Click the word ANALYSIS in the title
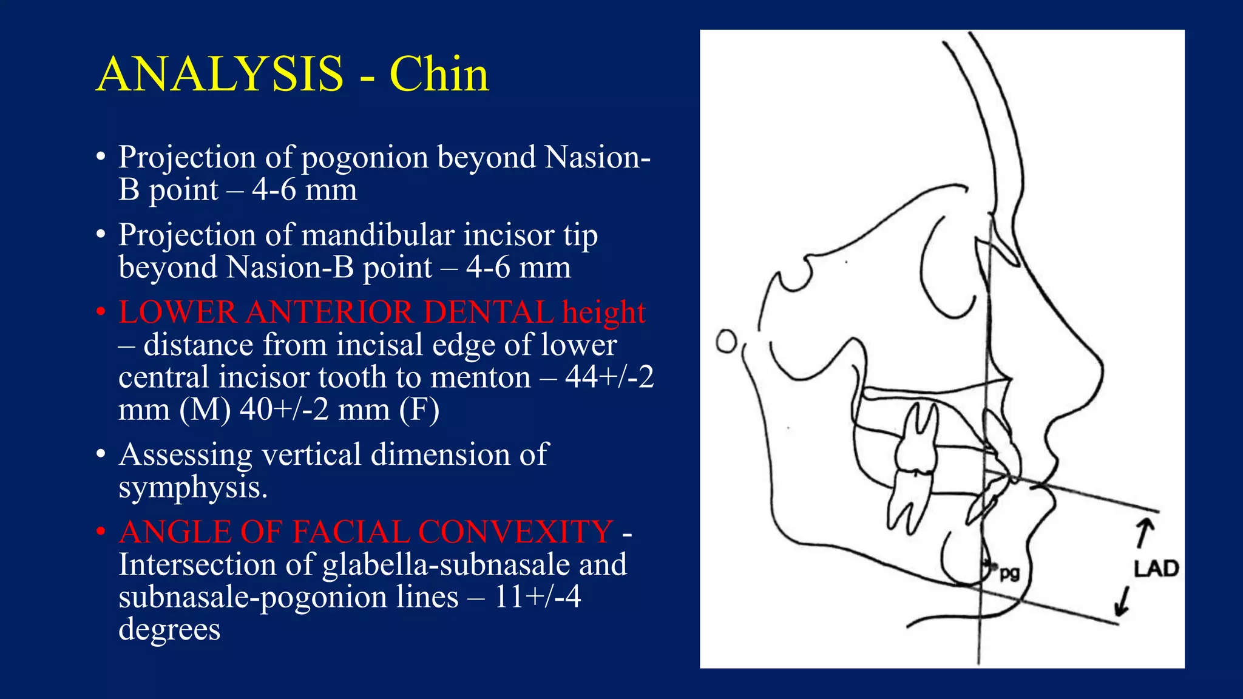tap(220, 74)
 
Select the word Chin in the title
tap(439, 74)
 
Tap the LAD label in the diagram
tap(1156, 569)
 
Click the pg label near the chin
tap(1009, 572)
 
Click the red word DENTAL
tap(488, 312)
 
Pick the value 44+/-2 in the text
tap(609, 377)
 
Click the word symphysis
tap(192, 487)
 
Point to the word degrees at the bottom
tap(169, 629)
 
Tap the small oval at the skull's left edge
tap(726, 341)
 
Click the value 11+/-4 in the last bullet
tap(538, 596)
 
